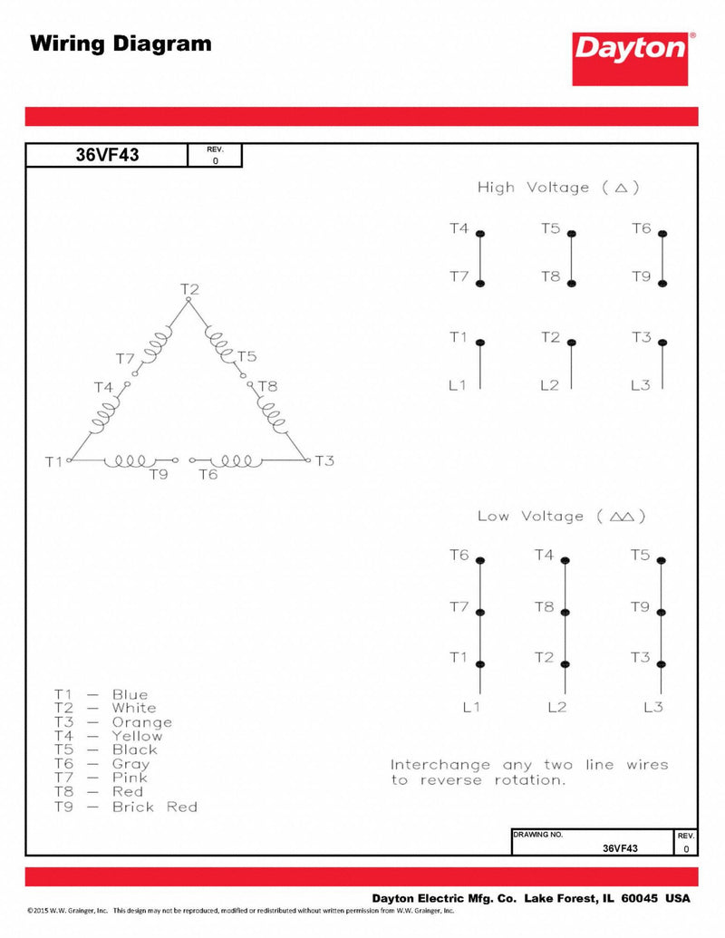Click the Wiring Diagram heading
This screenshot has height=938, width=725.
point(121,43)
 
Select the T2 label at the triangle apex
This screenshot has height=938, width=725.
point(189,290)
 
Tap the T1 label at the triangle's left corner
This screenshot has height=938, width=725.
point(53,461)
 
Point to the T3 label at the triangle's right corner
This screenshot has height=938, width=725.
point(324,461)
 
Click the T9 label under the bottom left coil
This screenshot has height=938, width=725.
point(159,474)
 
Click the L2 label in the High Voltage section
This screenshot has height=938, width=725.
point(549,385)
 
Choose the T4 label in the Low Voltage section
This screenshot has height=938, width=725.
point(544,555)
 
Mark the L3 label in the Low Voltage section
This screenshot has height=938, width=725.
point(653,707)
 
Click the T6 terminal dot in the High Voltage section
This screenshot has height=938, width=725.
point(663,234)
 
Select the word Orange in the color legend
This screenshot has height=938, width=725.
point(141,722)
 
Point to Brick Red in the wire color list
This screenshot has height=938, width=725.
point(154,807)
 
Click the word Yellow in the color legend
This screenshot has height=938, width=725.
point(137,736)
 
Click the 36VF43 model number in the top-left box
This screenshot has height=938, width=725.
point(107,155)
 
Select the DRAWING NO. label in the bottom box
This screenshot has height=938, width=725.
point(538,834)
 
